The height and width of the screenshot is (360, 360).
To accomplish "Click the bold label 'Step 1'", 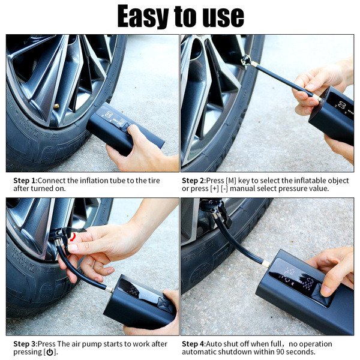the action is [x=25, y=181].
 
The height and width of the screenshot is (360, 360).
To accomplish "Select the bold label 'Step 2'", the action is [x=193, y=181].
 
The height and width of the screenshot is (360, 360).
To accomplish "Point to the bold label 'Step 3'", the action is [x=25, y=344].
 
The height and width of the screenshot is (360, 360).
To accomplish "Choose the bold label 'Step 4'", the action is [x=193, y=344].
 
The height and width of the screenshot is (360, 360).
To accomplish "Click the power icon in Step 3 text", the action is [x=50, y=352].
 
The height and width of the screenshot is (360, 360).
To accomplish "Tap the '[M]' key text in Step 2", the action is [x=231, y=181].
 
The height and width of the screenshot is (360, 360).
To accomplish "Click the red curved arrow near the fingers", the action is [x=73, y=237].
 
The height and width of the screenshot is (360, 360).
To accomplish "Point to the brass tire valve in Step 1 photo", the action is [x=56, y=106].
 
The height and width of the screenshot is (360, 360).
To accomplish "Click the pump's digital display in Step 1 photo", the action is [x=110, y=118].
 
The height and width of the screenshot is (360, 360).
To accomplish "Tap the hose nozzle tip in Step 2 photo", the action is [x=245, y=61].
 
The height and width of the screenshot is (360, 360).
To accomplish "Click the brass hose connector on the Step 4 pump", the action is [x=266, y=264].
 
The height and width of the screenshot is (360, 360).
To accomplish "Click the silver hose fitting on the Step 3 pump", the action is [x=109, y=290].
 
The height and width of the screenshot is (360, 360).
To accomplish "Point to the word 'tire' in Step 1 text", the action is [x=154, y=181].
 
